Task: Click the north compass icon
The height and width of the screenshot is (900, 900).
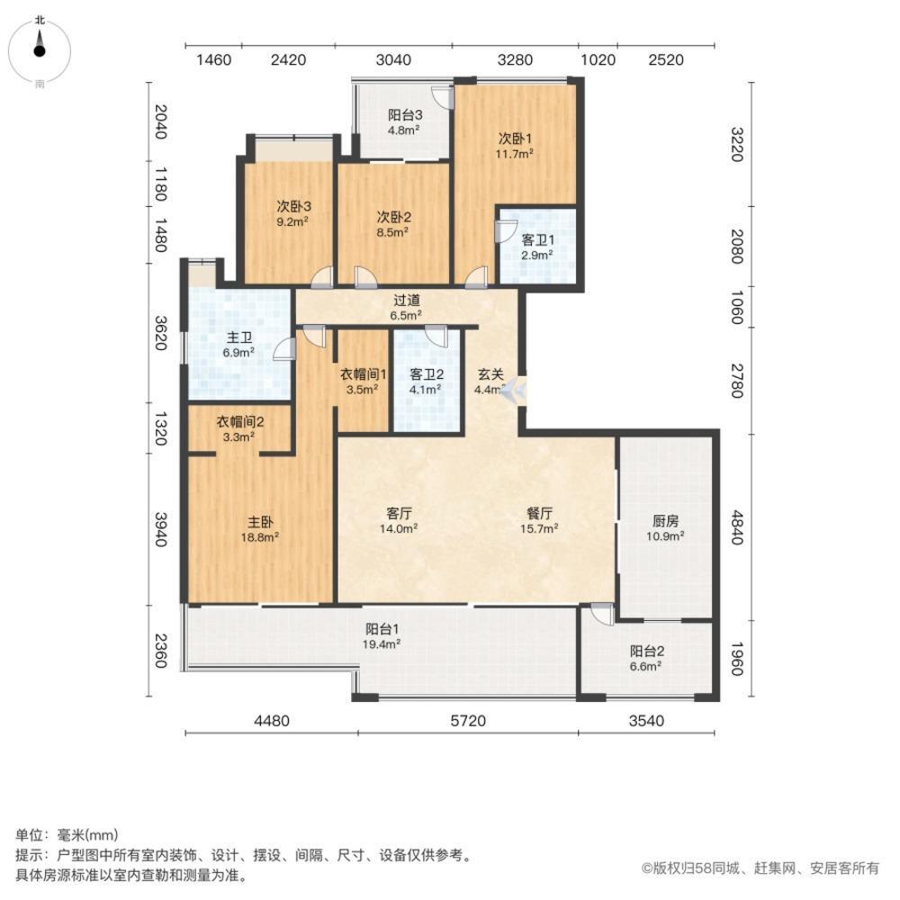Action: click(40, 49)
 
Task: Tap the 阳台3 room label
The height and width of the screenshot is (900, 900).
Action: click(406, 114)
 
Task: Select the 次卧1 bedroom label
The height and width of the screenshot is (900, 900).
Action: click(517, 139)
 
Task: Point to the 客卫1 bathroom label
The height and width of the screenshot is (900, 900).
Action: click(537, 238)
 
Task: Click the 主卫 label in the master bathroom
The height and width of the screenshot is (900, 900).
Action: click(239, 337)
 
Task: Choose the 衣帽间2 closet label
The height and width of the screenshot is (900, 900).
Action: click(239, 421)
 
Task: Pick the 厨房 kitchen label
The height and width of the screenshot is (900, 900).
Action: click(666, 519)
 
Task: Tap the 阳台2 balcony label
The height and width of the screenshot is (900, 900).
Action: click(646, 651)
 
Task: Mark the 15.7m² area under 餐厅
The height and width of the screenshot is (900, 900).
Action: click(540, 529)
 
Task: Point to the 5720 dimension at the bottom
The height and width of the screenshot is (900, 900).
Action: click(468, 720)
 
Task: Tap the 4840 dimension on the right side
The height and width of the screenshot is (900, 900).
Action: click(735, 526)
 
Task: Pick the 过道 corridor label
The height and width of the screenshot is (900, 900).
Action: click(407, 300)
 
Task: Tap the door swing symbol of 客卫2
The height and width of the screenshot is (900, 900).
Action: click(436, 335)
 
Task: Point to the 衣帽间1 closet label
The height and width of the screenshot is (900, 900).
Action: click(364, 374)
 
